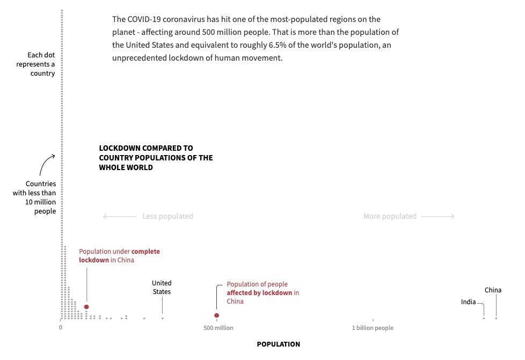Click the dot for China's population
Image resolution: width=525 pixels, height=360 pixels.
click(496, 318)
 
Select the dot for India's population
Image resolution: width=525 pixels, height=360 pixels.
click(483, 318)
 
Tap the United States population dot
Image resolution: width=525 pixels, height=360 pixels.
click(162, 318)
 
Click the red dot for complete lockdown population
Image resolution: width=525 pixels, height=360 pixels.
click(86, 307)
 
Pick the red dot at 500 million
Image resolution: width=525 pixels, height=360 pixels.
click(216, 315)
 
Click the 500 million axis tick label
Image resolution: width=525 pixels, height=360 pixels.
click(218, 328)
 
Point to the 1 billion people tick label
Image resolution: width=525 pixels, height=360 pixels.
click(373, 328)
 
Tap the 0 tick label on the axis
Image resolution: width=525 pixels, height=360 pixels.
click(61, 328)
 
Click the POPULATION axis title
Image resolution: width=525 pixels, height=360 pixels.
click(278, 344)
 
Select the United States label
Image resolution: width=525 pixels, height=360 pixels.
click(162, 288)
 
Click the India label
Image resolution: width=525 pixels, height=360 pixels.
click(468, 302)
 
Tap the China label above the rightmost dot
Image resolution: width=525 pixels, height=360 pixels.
click(493, 290)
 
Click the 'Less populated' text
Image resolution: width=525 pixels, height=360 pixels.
click(167, 217)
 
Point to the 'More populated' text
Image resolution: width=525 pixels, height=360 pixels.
click(390, 217)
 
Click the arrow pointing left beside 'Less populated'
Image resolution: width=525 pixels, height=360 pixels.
click(119, 217)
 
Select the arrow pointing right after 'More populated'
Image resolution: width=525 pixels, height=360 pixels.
click(438, 217)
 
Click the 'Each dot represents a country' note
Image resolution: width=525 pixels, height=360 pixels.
click(41, 64)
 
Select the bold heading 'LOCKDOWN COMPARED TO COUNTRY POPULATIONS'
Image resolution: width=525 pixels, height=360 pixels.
click(156, 158)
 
